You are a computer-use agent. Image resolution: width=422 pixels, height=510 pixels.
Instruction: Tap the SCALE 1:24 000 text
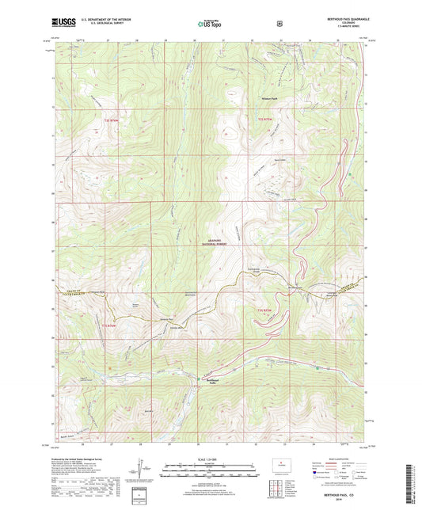(x=210, y=459)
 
